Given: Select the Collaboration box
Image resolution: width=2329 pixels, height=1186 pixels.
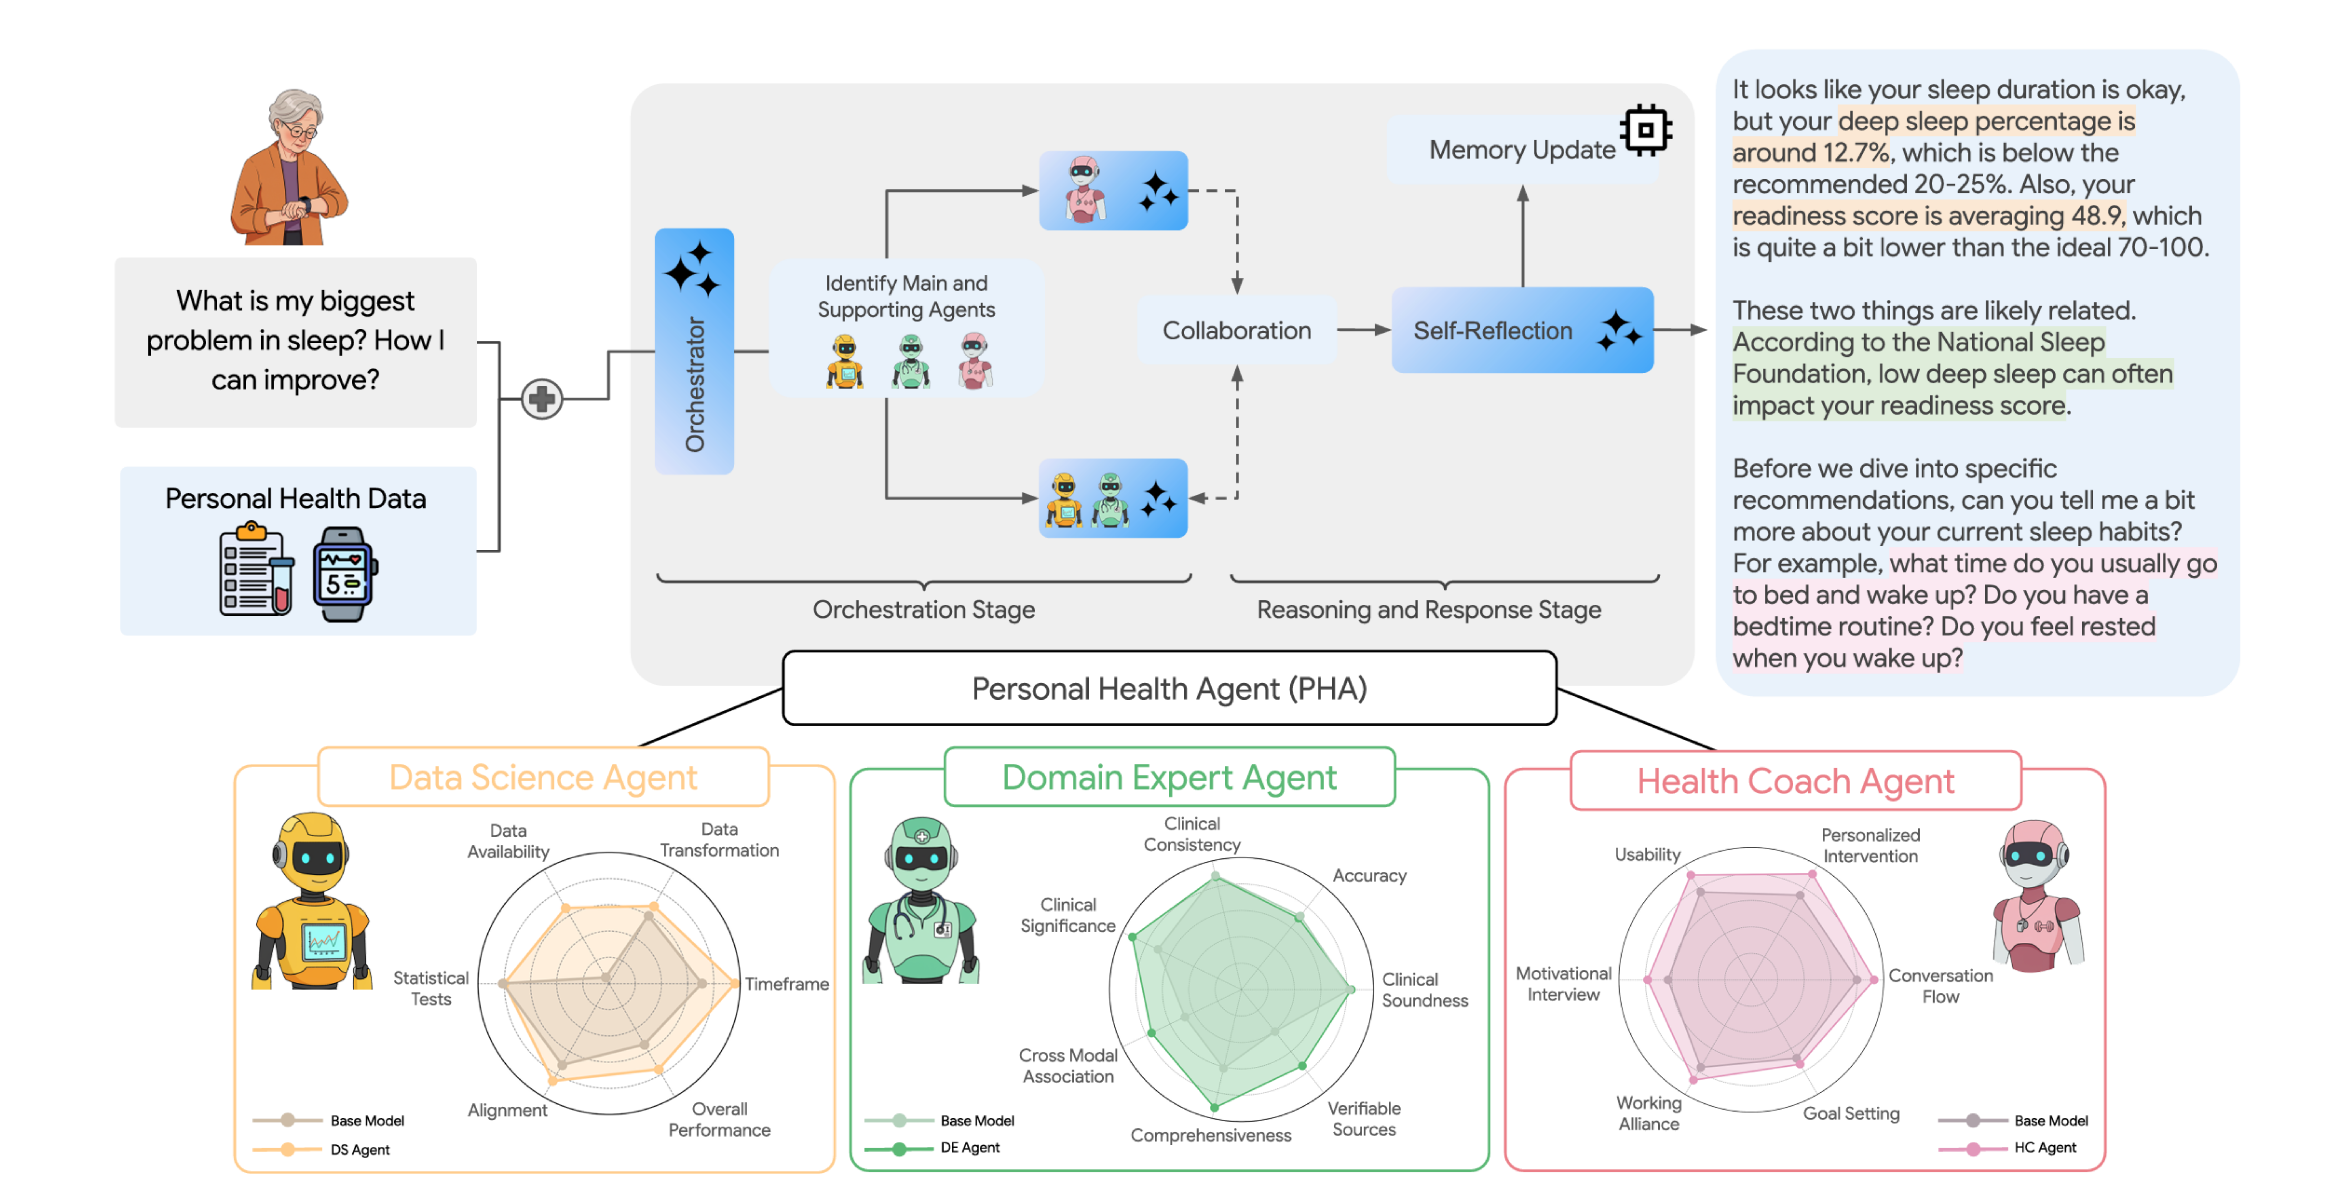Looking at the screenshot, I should coord(1236,331).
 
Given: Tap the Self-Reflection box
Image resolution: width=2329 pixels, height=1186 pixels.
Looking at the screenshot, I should coord(1522,331).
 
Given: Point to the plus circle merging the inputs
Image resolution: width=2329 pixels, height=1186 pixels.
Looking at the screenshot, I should coord(542,399).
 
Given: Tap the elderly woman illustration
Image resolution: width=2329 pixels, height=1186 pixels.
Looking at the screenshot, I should coord(289,167).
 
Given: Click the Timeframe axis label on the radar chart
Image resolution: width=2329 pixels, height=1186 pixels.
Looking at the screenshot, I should coord(786,983).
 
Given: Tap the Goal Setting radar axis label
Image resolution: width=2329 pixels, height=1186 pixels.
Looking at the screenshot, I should coord(1851,1114).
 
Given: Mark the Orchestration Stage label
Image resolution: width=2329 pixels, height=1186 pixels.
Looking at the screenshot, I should coord(923,610).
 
